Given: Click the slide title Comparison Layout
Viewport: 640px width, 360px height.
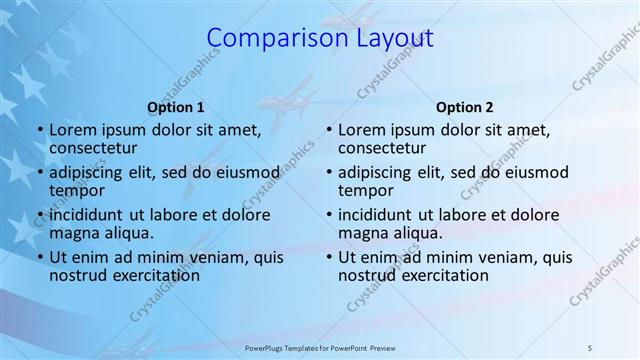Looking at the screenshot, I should tap(320, 38).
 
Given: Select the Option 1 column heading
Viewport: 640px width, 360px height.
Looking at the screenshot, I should tap(175, 107).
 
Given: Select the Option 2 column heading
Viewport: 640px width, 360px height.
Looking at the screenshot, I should tap(464, 107).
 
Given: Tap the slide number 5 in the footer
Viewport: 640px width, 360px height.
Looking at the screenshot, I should tap(590, 347).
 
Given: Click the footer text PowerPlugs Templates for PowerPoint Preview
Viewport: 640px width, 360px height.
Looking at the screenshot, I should tap(319, 347).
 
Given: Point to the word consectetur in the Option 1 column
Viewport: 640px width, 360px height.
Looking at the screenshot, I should tap(98, 149).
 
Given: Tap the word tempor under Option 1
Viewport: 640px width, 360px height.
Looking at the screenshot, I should tap(75, 191).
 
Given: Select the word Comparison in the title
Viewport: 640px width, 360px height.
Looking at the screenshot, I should tap(263, 38).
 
